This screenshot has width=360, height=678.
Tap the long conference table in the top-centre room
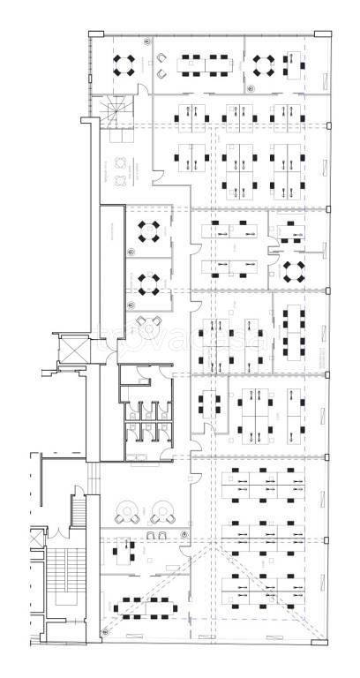[x=203, y=64]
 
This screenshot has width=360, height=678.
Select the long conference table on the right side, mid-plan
[x=295, y=328]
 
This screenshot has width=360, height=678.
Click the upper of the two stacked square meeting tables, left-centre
[x=146, y=232]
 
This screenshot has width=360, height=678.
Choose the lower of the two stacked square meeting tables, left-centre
[x=146, y=282]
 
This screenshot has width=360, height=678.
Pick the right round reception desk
[x=161, y=510]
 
